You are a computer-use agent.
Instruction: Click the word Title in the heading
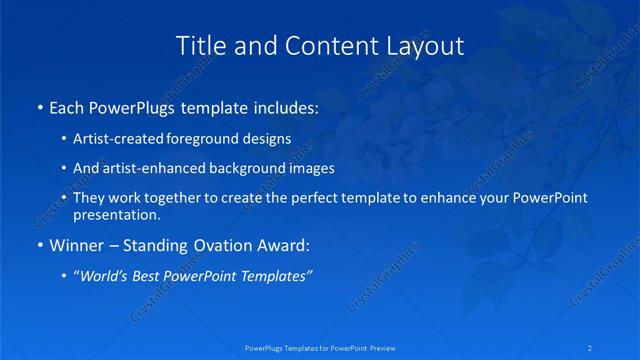click(198, 46)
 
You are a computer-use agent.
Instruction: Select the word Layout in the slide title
click(427, 46)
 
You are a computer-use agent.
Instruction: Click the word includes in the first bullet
click(281, 105)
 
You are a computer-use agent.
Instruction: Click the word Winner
click(76, 245)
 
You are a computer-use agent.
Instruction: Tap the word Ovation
click(233, 245)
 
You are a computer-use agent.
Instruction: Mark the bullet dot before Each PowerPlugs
click(39, 105)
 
